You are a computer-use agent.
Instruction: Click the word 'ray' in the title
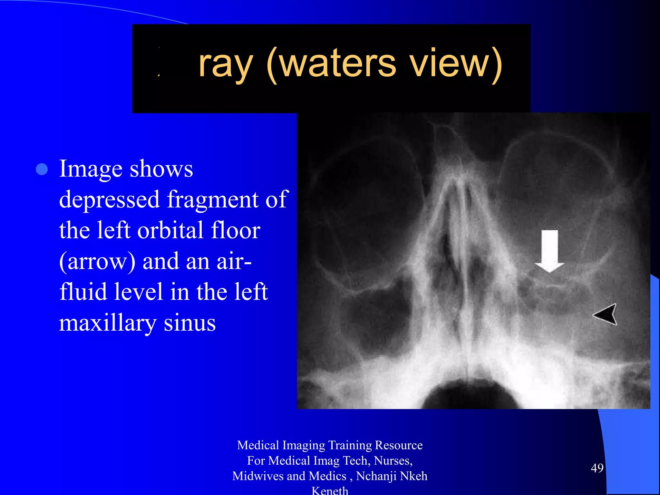point(225,64)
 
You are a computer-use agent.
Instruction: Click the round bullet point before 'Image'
point(42,169)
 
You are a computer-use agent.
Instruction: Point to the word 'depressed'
point(110,200)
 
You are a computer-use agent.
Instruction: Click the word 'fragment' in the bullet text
point(213,200)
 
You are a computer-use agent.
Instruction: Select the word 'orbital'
point(170,230)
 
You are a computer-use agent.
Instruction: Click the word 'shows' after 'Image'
point(161,169)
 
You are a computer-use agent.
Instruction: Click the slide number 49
point(597,468)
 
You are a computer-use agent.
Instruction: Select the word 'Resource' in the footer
point(399,445)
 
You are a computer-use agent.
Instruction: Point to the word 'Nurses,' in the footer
point(393,461)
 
